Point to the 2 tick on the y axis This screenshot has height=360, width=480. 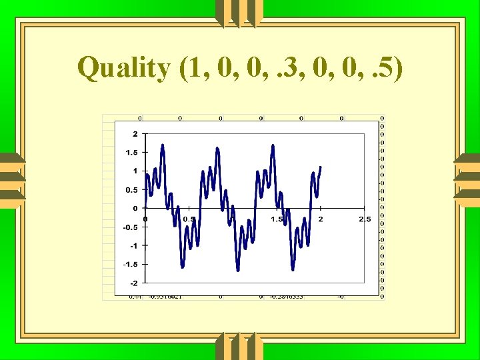pyautogui.click(x=135, y=134)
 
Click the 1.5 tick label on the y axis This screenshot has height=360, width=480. pyautogui.click(x=132, y=153)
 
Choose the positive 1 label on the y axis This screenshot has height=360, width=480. pyautogui.click(x=135, y=171)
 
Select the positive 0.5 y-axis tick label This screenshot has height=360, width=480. pyautogui.click(x=132, y=190)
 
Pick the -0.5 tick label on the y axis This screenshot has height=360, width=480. pyautogui.click(x=131, y=227)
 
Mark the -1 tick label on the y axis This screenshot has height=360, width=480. pyautogui.click(x=134, y=246)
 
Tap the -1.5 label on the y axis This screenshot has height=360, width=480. pyautogui.click(x=131, y=265)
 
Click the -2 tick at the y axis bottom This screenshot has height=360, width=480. pyautogui.click(x=134, y=283)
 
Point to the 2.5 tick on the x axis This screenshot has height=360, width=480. pyautogui.click(x=365, y=219)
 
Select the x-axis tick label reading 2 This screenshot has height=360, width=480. pyautogui.click(x=321, y=219)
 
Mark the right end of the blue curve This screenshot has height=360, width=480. pyautogui.click(x=321, y=167)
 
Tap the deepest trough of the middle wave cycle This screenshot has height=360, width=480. pyautogui.click(x=238, y=270)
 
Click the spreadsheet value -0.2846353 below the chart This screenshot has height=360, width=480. pyautogui.click(x=287, y=297)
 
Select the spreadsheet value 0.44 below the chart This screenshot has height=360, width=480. pyautogui.click(x=135, y=297)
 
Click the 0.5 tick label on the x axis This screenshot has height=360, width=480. pyautogui.click(x=189, y=219)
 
